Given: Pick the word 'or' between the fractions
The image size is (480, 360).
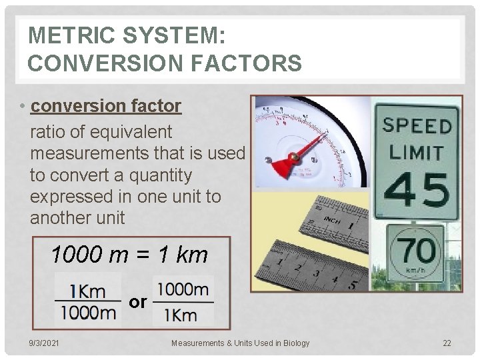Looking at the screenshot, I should click(137, 302).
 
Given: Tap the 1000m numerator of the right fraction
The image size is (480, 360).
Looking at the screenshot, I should click(183, 289).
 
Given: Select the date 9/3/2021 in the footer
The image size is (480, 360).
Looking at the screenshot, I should click(43, 343).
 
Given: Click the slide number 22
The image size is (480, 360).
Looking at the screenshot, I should click(447, 343).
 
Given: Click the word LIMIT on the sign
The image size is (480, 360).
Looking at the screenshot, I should click(416, 153).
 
